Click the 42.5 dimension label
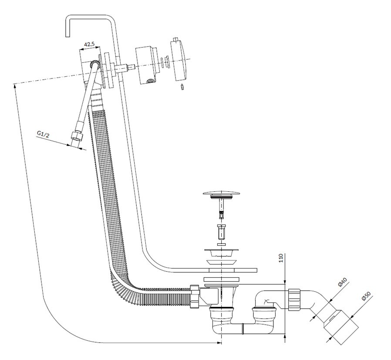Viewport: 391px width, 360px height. (x=90, y=44)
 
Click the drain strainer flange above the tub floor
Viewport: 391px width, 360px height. (x=222, y=253)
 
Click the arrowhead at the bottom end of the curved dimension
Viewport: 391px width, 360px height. (x=217, y=343)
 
